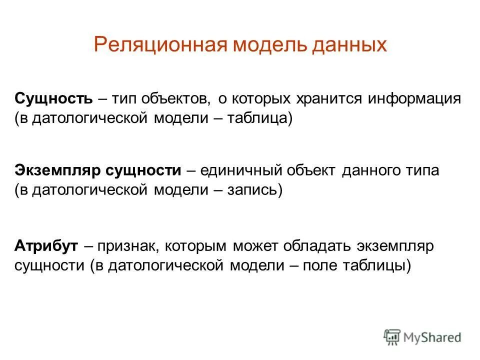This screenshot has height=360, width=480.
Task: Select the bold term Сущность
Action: coord(53,98)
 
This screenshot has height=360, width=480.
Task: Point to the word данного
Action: coord(369,170)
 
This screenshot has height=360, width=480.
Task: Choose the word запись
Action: coord(254,190)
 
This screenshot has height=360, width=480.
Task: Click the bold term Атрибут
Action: coord(46,246)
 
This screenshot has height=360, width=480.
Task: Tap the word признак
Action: coord(128,246)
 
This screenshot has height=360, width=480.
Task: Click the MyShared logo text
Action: coord(432,337)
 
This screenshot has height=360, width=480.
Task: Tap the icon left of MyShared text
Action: coord(392,337)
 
